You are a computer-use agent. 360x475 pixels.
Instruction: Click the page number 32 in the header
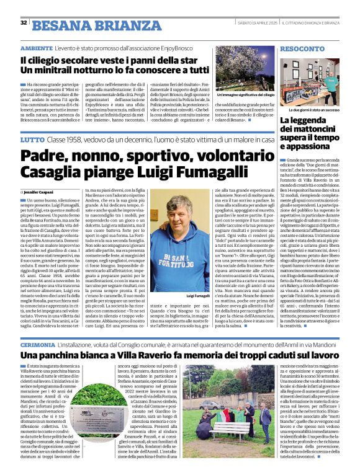coord(24,23)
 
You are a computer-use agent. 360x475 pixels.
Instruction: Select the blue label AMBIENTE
coord(36,48)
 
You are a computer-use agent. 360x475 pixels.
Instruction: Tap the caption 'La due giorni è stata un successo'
coord(315,109)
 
